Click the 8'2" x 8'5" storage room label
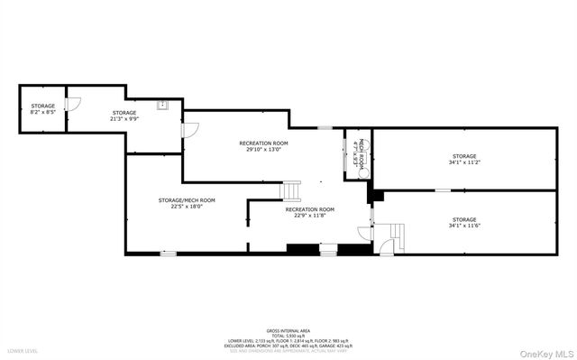43,108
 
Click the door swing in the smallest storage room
77,104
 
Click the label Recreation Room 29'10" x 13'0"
263,146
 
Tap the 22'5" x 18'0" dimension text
187,207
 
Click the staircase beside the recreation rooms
292,191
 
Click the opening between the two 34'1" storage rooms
443,190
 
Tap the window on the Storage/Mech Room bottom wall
168,254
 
